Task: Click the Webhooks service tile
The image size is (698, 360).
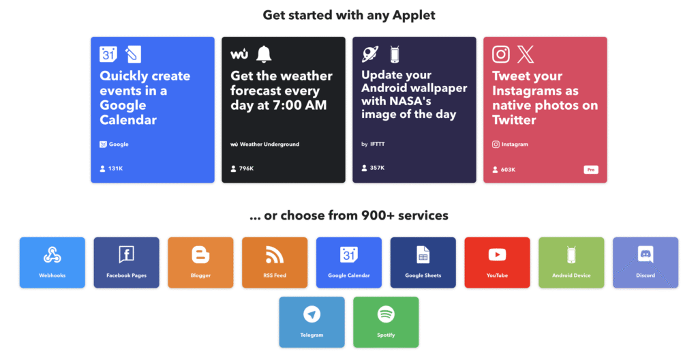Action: [x=52, y=262]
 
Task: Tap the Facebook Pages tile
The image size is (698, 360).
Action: [x=126, y=262]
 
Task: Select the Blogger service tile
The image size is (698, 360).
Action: [x=200, y=262]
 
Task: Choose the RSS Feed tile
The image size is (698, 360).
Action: [x=275, y=262]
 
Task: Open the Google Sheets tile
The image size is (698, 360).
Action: [x=423, y=262]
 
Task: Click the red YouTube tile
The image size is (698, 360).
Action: [x=497, y=262]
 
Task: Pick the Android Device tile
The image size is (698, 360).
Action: [x=571, y=262]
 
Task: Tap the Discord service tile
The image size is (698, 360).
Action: [x=645, y=262]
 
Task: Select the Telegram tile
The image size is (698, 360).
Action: [x=312, y=322]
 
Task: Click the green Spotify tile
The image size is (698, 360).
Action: [x=386, y=322]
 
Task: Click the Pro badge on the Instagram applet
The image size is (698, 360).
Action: [x=590, y=170]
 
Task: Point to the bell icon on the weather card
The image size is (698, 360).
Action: [x=264, y=54]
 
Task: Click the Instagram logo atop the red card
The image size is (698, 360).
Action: [x=501, y=54]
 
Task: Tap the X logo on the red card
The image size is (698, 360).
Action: [x=526, y=54]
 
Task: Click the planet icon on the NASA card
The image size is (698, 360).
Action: [x=370, y=53]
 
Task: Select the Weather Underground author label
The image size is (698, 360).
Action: [x=265, y=145]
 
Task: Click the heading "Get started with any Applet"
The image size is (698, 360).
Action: [x=348, y=14]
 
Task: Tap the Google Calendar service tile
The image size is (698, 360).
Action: [x=349, y=262]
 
